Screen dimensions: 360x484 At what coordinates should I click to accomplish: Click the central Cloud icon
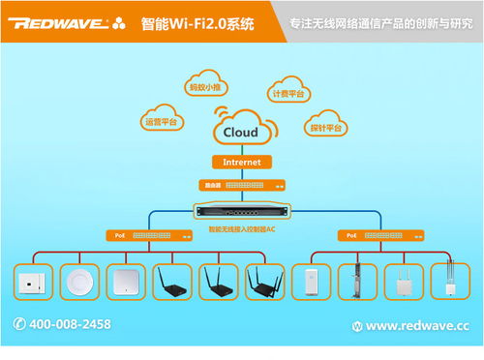coord(241,132)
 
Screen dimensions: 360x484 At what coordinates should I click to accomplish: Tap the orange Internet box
coord(241,162)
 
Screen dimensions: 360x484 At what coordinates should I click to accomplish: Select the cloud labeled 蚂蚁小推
coord(203,85)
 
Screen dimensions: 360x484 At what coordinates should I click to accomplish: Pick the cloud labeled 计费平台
coord(287,93)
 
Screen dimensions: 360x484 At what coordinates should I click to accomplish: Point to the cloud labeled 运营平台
coord(161,121)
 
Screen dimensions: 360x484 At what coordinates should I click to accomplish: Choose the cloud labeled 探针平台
coord(327,127)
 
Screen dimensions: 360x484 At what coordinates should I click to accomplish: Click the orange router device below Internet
coord(241,184)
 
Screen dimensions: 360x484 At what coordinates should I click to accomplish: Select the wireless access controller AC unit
coord(241,210)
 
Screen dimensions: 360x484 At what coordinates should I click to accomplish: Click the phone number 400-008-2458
coord(69,324)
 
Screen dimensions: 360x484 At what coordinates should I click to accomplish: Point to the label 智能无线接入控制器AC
coord(241,229)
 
